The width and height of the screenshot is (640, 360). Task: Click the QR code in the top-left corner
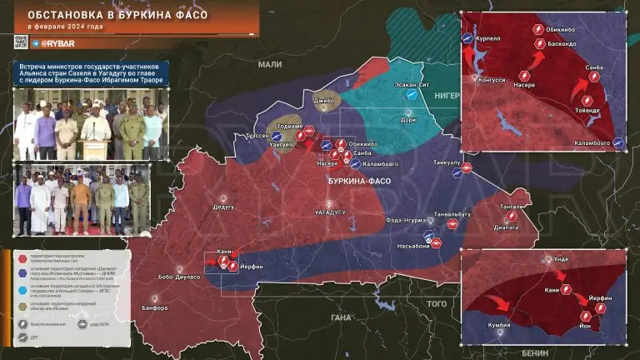coord(21,41)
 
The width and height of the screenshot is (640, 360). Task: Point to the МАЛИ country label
coord(270,64)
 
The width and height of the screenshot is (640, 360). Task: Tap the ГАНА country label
coord(340,317)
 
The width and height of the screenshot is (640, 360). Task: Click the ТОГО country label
coord(437,305)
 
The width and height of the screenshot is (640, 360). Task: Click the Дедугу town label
coord(223,206)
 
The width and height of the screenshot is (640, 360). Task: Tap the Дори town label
coord(408,120)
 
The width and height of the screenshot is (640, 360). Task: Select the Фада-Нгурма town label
coord(407,220)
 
